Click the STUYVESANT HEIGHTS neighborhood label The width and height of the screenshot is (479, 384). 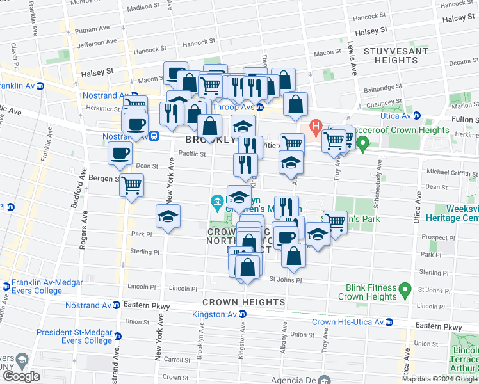click(x=390, y=55)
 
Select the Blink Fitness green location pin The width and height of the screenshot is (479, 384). click(x=404, y=291)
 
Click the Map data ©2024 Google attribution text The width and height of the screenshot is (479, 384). click(x=439, y=379)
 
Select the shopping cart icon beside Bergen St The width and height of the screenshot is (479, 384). click(x=132, y=186)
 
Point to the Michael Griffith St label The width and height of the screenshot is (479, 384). click(x=452, y=173)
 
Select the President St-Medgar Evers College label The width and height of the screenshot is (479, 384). click(x=74, y=336)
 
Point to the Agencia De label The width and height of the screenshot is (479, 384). click(x=294, y=378)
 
